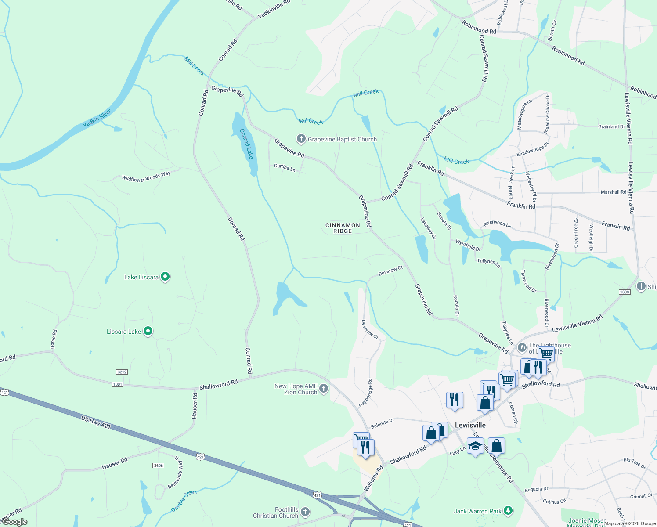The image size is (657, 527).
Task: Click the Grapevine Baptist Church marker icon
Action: pyautogui.click(x=301, y=139)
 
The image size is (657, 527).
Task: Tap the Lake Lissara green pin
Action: pyautogui.click(x=165, y=277)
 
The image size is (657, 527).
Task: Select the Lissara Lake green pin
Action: pyautogui.click(x=148, y=331)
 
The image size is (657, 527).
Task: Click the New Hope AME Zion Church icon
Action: pyautogui.click(x=324, y=388)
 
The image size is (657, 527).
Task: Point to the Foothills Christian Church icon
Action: pyautogui.click(x=305, y=512)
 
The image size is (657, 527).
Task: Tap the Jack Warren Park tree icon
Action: pyautogui.click(x=508, y=510)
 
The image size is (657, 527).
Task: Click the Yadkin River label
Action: pyautogui.click(x=97, y=119)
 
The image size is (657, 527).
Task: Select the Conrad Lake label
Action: pyautogui.click(x=246, y=144)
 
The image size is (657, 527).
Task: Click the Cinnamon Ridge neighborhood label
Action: pyautogui.click(x=343, y=228)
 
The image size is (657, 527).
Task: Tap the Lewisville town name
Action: pyautogui.click(x=470, y=425)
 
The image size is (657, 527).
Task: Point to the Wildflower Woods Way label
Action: pyautogui.click(x=146, y=177)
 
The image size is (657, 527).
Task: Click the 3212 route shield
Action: pyautogui.click(x=122, y=372)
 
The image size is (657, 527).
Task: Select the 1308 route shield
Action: pyautogui.click(x=625, y=292)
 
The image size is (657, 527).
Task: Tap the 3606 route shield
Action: pyautogui.click(x=158, y=466)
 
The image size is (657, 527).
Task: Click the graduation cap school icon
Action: pyautogui.click(x=475, y=446)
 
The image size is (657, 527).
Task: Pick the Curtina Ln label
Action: pyautogui.click(x=285, y=167)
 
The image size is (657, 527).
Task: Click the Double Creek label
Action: pyautogui.click(x=184, y=501)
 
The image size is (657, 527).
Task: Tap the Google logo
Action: pyautogui.click(x=14, y=522)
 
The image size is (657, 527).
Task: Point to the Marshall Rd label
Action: pyautogui.click(x=613, y=192)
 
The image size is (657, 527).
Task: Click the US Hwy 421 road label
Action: pyautogui.click(x=96, y=423)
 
